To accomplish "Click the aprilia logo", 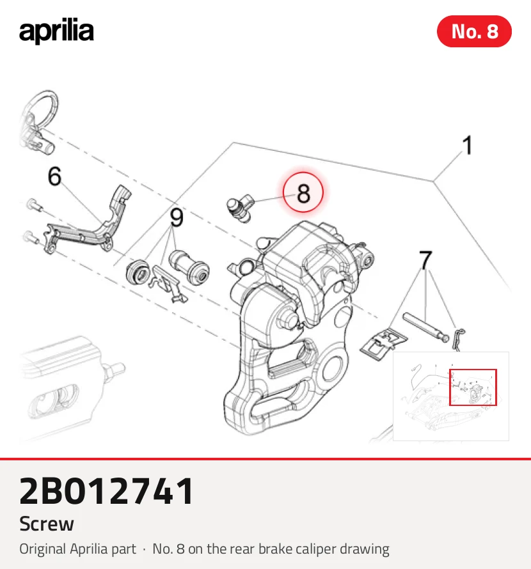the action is pos(56,31).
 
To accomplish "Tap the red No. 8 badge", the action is pos(474,31).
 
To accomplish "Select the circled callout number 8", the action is pos(303,192).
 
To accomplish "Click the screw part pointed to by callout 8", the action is pos(240,208).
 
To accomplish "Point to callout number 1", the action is pos(468,145).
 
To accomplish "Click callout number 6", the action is pos(55,176).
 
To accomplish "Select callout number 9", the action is pos(177,218).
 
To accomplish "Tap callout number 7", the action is pos(425,260).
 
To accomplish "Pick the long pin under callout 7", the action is pos(425,327).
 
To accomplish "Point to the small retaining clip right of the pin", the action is pos(458,339).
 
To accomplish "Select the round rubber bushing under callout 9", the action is pos(138,272).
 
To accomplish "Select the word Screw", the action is pos(47,524).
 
